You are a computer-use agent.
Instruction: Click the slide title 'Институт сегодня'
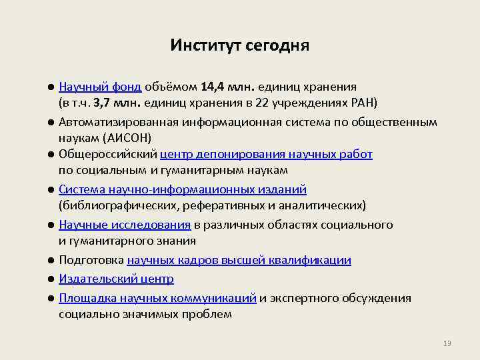point(239,45)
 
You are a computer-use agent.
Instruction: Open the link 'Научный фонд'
point(100,87)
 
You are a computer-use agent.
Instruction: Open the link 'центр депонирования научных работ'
point(266,155)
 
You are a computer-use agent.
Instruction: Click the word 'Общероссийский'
point(107,155)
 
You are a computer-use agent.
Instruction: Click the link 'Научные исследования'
point(125,225)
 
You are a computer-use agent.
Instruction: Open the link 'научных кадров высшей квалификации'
point(239,260)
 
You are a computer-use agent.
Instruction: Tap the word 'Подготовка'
point(91,260)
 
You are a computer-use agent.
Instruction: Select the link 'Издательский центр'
point(116,279)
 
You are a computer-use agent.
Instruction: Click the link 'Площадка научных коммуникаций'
point(157,298)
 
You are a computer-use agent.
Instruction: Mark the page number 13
point(447,343)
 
